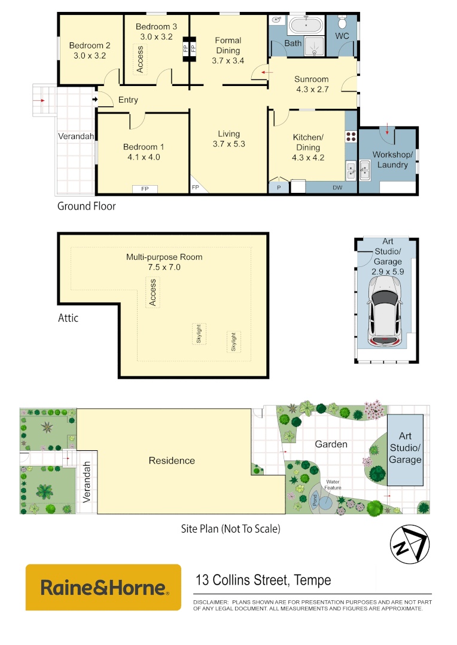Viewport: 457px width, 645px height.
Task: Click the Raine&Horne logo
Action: click(103, 587)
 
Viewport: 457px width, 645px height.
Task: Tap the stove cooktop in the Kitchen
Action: click(351, 136)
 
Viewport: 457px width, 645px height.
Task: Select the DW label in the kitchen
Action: click(338, 188)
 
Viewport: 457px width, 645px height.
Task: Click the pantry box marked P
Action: click(278, 188)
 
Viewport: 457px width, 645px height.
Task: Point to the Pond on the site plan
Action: click(315, 499)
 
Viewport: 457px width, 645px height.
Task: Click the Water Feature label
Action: click(333, 484)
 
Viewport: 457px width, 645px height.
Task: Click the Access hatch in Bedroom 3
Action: click(141, 60)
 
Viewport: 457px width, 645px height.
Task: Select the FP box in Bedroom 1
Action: click(145, 189)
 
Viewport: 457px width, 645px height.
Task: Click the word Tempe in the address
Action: click(312, 579)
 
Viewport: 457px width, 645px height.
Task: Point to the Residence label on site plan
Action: click(172, 460)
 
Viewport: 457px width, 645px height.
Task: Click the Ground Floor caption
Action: click(86, 206)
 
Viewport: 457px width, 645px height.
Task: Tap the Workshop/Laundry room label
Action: click(392, 159)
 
